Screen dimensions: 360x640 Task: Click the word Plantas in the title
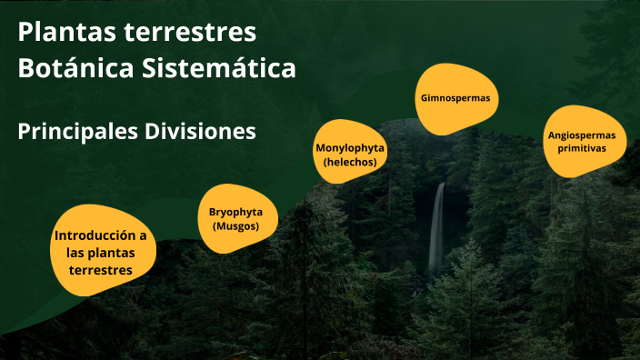62,33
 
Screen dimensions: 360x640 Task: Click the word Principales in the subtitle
76,132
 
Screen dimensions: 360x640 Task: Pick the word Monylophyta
350,147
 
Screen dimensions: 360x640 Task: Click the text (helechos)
350,161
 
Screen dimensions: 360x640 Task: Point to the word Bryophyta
235,212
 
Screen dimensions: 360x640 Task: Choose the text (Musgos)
235,225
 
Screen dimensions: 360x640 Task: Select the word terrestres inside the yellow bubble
100,270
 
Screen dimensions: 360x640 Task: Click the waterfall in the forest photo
437,227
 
